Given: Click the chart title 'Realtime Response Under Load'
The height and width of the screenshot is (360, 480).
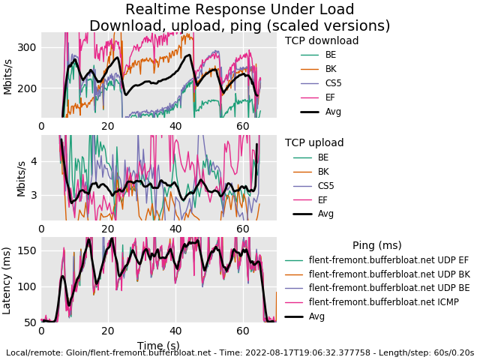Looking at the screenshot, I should tap(240, 10).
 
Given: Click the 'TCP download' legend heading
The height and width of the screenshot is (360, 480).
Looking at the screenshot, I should tap(322, 41).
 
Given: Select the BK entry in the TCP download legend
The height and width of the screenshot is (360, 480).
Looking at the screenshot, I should tap(331, 69).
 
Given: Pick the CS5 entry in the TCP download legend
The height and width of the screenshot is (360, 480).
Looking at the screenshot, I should tap(334, 83).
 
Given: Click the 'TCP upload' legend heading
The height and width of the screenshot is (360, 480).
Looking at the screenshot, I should tap(314, 143).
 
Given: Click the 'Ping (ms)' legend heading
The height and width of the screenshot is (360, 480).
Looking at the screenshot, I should tap(376, 245).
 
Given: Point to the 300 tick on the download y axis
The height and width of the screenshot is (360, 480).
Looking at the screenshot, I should tap(27, 47).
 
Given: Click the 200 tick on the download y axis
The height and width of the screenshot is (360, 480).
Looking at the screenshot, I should tap(27, 88).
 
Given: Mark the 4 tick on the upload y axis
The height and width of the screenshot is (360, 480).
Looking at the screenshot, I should tap(32, 161).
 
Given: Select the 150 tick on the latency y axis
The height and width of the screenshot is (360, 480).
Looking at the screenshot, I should tap(27, 250).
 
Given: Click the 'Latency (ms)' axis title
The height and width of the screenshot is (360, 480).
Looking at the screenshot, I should tap(7, 279).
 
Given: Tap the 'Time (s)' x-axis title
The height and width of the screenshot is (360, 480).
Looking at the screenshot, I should tap(158, 346).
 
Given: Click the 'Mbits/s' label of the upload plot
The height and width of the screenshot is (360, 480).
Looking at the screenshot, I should tap(22, 177).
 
